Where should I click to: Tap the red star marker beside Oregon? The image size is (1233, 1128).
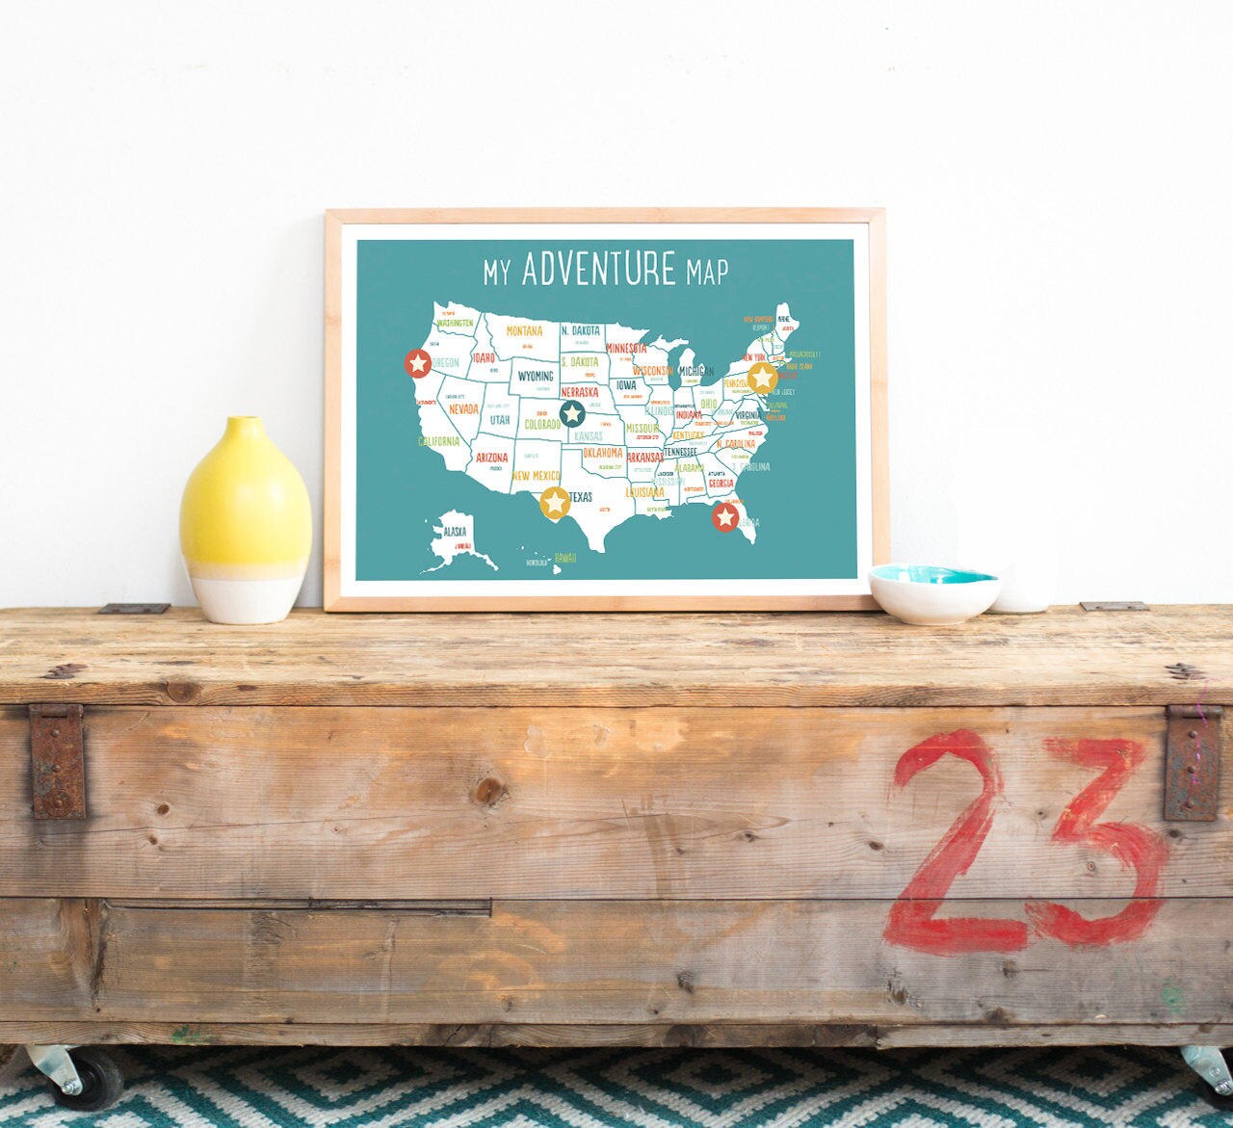click(x=418, y=363)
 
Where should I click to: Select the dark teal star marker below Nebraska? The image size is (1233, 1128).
click(x=573, y=414)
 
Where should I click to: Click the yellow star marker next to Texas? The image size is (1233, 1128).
click(x=554, y=502)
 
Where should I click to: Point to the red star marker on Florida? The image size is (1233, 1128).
click(x=725, y=517)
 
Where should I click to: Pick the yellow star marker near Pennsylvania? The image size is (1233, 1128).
click(x=762, y=377)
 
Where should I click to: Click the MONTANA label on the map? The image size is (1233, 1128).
click(x=524, y=330)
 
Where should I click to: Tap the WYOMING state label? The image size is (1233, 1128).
click(x=535, y=376)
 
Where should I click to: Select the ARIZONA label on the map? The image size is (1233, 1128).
click(x=492, y=458)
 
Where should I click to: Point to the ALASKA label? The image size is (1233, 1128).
click(x=454, y=531)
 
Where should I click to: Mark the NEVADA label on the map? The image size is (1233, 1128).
click(x=462, y=409)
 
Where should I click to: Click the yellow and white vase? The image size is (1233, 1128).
click(x=246, y=520)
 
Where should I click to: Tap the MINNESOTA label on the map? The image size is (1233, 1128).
click(x=626, y=348)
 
